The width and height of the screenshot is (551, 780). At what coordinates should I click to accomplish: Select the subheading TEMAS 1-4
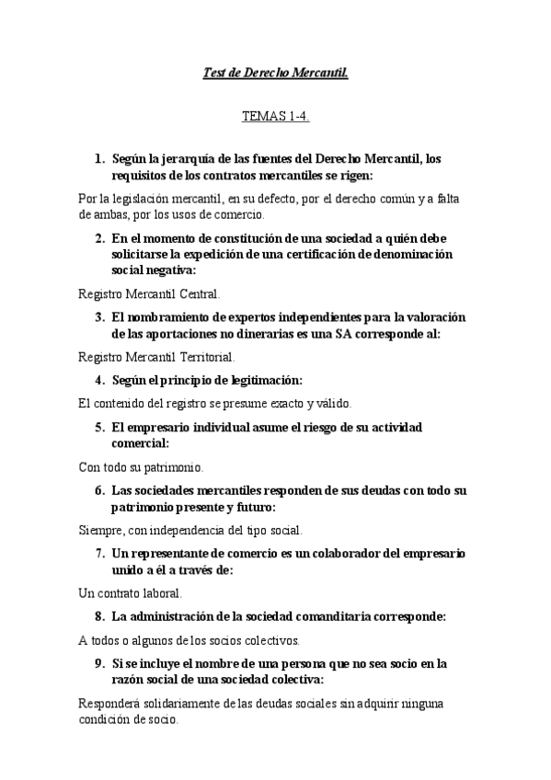coord(275,117)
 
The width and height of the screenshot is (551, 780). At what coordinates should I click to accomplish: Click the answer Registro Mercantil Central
coord(150,295)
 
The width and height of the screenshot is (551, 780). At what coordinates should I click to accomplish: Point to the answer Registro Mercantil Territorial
coord(156,357)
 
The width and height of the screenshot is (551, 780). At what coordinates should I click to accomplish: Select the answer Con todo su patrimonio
coord(141,466)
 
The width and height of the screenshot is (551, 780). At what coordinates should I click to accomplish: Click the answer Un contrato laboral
coord(131,593)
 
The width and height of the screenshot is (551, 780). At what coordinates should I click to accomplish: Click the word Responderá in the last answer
coord(112,705)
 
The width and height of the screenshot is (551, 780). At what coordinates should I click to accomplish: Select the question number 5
coord(98,428)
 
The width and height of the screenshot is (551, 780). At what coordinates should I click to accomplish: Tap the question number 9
coord(98,663)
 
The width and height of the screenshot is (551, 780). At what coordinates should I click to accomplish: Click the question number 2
coord(98,238)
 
